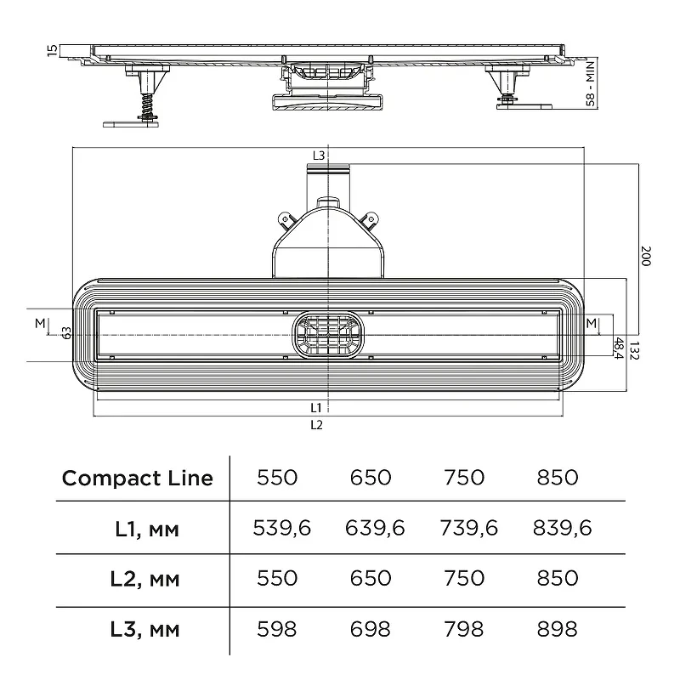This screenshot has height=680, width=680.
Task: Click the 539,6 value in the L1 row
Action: (x=282, y=528)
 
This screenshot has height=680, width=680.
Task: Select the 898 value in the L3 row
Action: (x=558, y=629)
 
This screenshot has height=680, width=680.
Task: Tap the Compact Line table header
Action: (x=138, y=479)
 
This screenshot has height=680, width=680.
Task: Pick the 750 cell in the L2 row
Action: (x=463, y=579)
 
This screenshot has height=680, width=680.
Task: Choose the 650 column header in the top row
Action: (x=371, y=478)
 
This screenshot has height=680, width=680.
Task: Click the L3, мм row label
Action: (x=144, y=630)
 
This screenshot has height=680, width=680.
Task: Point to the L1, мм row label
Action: (x=147, y=529)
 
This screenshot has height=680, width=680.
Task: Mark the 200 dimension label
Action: (x=646, y=257)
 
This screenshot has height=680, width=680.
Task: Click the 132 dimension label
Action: (x=634, y=351)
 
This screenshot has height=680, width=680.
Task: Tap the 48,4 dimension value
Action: (x=619, y=348)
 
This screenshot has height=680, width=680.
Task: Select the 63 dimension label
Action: (x=66, y=333)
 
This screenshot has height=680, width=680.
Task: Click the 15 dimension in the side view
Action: (x=52, y=50)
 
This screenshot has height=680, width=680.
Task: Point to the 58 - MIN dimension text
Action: (x=590, y=84)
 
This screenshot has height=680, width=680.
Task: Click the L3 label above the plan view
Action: (x=318, y=156)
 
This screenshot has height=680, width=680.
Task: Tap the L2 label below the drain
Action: (x=316, y=425)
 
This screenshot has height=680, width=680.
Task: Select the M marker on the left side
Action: (x=40, y=323)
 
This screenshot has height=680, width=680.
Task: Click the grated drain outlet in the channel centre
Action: (x=328, y=335)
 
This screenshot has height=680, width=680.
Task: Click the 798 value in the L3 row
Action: (x=463, y=629)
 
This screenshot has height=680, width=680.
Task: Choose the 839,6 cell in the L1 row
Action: (x=562, y=528)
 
